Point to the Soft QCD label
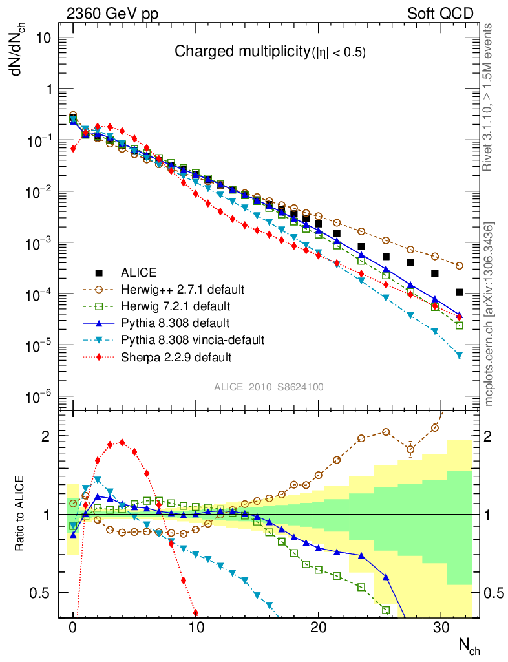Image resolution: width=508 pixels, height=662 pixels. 440,14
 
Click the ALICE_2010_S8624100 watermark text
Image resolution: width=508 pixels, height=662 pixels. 269,387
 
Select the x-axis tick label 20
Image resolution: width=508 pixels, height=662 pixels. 318,627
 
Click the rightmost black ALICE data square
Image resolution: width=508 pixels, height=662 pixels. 460,292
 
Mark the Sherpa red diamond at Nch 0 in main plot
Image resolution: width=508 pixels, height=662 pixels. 73,148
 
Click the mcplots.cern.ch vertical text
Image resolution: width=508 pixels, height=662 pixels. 489,314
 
